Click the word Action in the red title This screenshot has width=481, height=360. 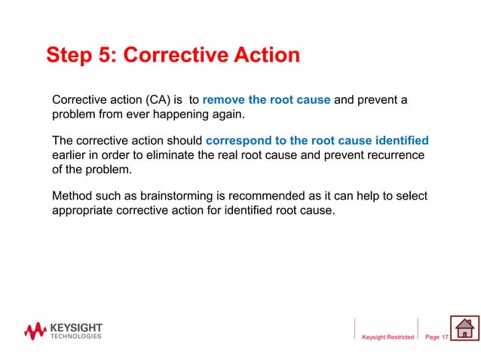pyautogui.click(x=264, y=56)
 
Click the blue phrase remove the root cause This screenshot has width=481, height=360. pyautogui.click(x=267, y=100)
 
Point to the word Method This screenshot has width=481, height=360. pyautogui.click(x=74, y=196)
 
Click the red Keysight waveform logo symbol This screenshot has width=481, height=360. pyautogui.click(x=35, y=331)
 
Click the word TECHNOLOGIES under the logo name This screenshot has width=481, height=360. pyautogui.click(x=75, y=337)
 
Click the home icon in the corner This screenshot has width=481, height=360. pyautogui.click(x=464, y=329)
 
